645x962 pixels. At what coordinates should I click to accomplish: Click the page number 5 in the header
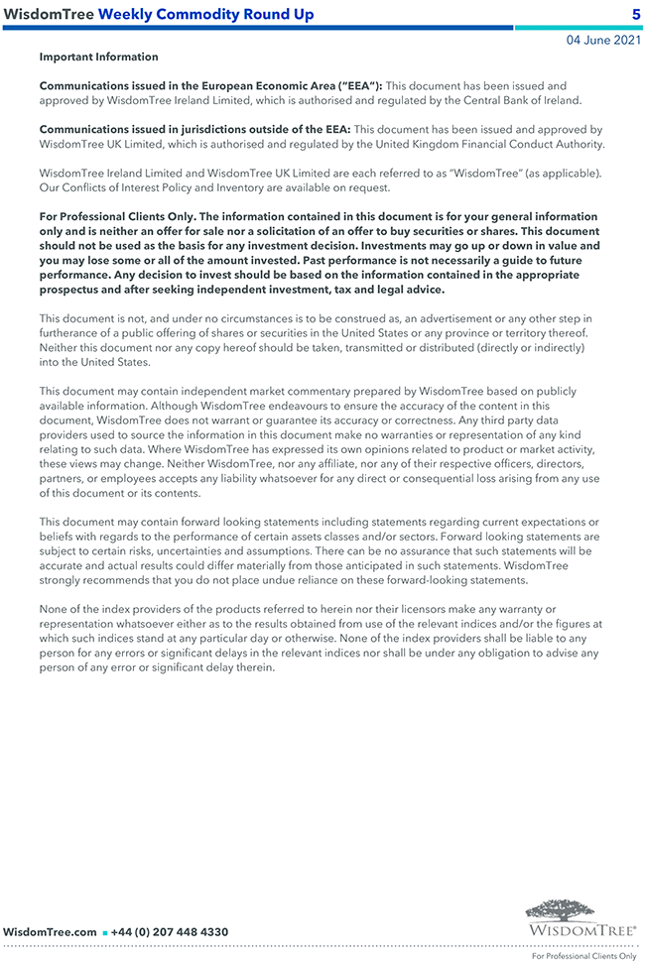tap(636, 14)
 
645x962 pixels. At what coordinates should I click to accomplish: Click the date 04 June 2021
tap(602, 41)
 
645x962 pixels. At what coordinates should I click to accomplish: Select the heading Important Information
tap(98, 58)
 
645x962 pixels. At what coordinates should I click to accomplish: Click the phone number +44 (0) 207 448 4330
tap(170, 932)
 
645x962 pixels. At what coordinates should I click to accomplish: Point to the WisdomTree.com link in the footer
tap(50, 932)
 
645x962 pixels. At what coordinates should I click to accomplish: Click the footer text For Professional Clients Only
tap(584, 956)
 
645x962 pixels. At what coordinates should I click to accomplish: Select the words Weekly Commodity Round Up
tap(206, 14)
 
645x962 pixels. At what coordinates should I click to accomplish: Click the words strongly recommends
tap(94, 580)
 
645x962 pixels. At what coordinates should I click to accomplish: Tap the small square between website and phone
tap(104, 933)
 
